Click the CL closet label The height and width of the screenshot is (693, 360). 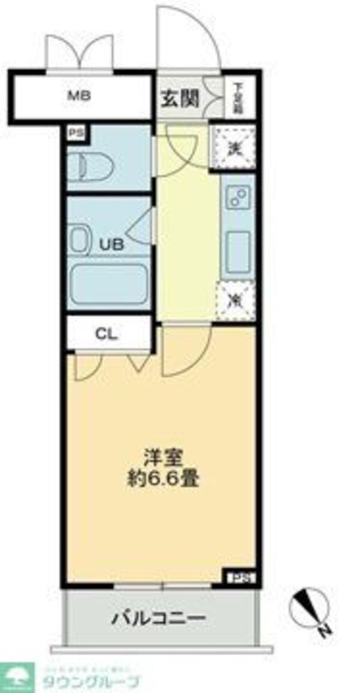(x=109, y=335)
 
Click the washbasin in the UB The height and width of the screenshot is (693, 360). (x=80, y=239)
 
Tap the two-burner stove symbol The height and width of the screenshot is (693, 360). (x=238, y=198)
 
